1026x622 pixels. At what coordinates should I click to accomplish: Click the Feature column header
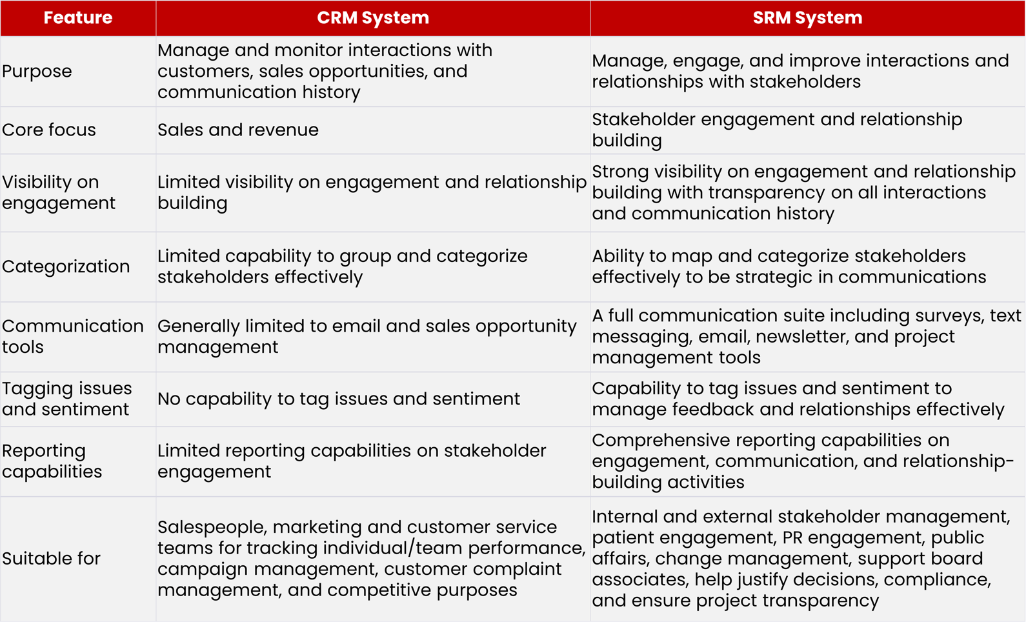[x=77, y=17]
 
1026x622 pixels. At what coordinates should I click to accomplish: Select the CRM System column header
[x=372, y=17]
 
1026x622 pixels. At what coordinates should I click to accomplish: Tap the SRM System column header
[x=807, y=17]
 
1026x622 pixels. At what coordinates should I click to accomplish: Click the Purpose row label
[x=37, y=71]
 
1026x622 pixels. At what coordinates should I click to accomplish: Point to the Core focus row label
[x=49, y=130]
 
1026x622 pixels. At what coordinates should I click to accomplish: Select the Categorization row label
[x=66, y=266]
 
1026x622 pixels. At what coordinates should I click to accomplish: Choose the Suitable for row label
[x=51, y=558]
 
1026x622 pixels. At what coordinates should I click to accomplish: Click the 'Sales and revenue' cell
[x=238, y=130]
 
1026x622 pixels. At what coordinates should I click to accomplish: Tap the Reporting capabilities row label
[x=52, y=461]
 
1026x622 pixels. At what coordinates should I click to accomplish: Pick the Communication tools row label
[x=72, y=336]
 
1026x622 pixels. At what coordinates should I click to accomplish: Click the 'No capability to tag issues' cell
[x=339, y=399]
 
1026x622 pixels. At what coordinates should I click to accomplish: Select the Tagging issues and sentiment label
[x=66, y=399]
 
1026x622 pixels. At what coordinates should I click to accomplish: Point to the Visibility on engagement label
[x=58, y=192]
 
